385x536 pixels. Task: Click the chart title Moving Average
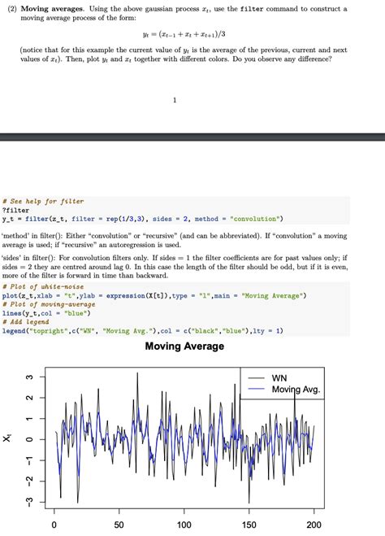[184, 346]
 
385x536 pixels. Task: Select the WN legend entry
[279, 378]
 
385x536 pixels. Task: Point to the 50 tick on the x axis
[119, 525]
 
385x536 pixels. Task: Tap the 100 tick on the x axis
[184, 525]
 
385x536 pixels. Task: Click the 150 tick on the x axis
[249, 525]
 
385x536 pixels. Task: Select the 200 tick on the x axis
[314, 525]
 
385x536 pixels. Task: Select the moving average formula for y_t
[192, 35]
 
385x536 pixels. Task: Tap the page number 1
[175, 101]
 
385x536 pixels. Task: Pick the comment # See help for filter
[43, 200]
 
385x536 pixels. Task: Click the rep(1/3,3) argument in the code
[126, 218]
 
